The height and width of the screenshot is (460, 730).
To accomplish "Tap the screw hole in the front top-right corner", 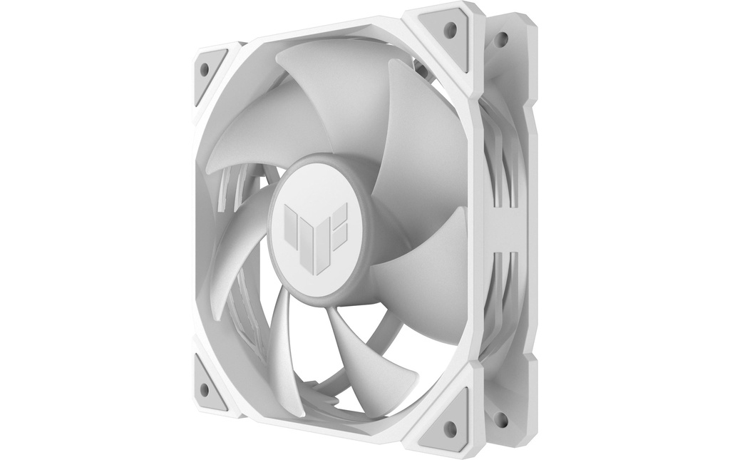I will [x=450, y=30].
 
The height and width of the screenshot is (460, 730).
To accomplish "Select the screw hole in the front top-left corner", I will [x=205, y=69].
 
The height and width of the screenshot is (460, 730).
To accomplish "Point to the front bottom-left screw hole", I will [x=205, y=389].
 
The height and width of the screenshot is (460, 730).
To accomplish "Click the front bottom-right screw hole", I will [x=450, y=428].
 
